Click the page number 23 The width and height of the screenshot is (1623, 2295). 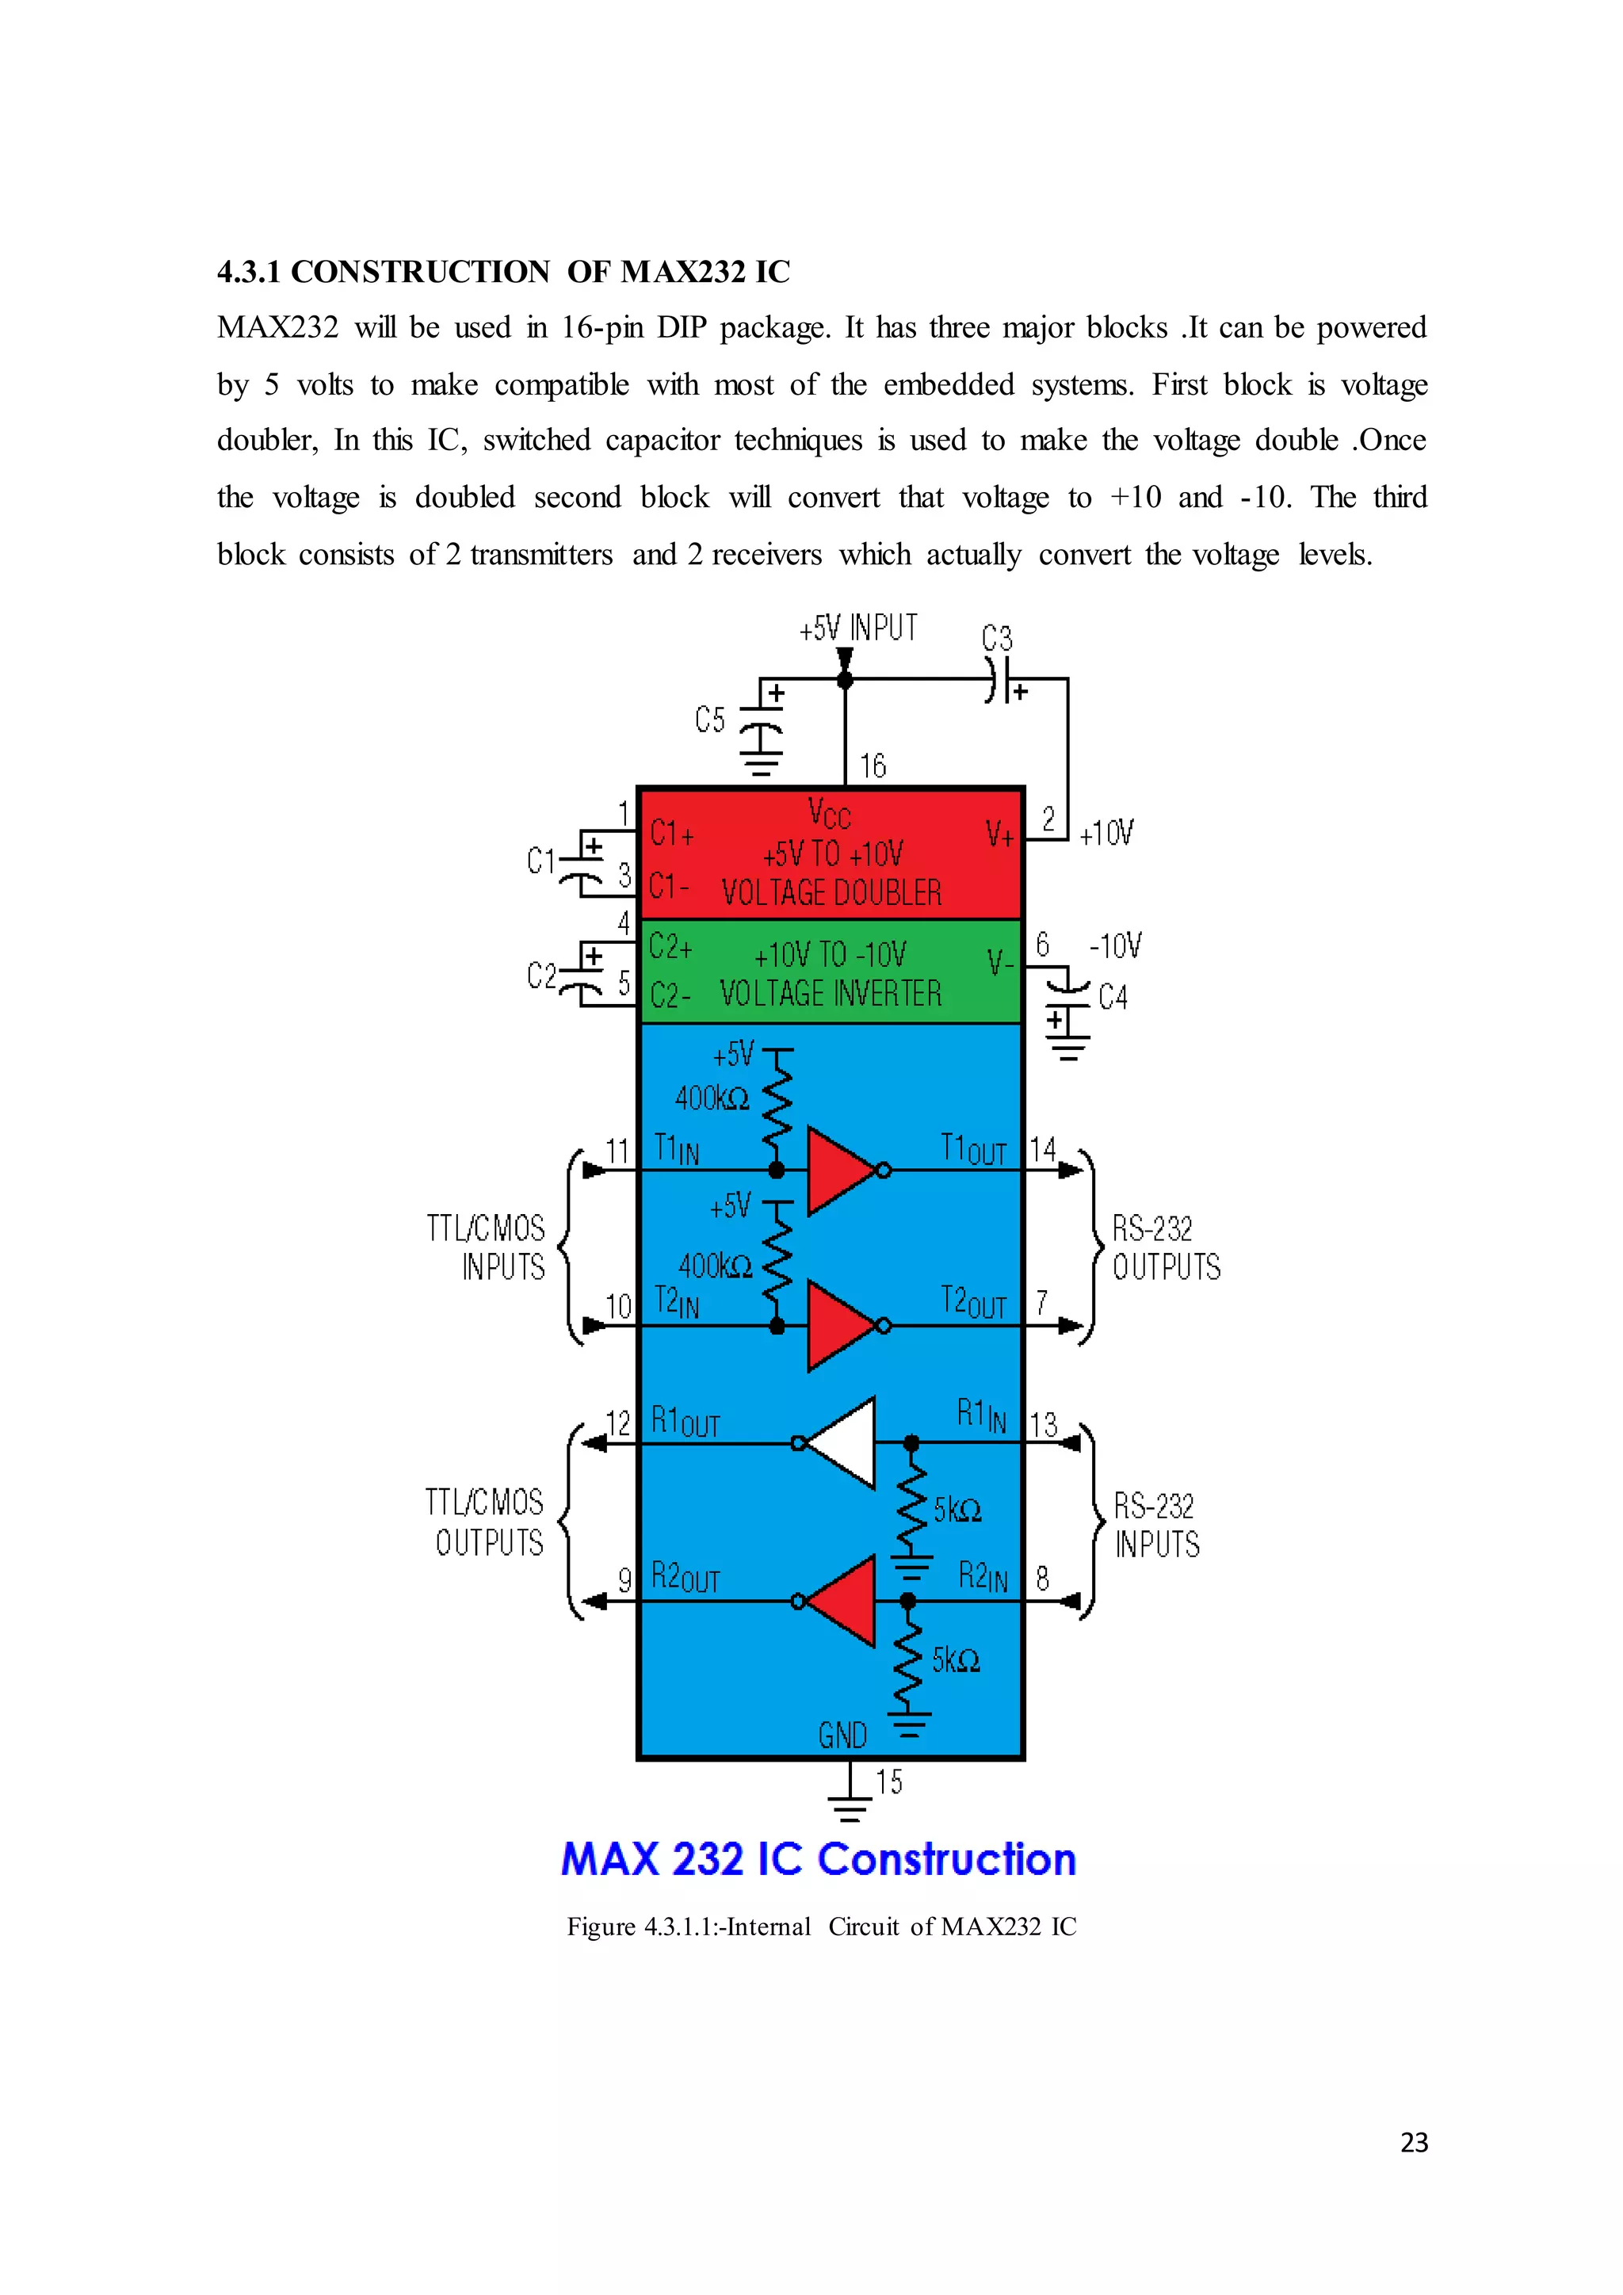click(x=1413, y=2142)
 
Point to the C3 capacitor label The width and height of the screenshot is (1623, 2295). click(x=996, y=638)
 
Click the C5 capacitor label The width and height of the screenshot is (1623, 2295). click(x=709, y=719)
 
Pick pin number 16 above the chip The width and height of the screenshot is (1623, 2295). click(x=873, y=766)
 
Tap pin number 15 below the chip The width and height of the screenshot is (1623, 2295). click(x=888, y=1781)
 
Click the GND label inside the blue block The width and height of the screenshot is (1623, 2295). click(x=842, y=1736)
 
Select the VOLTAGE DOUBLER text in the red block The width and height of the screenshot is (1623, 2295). click(x=831, y=892)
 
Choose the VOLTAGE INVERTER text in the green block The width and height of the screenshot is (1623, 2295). click(x=831, y=994)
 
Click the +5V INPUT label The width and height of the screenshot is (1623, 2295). click(x=857, y=628)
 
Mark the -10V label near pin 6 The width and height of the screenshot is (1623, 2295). click(x=1115, y=945)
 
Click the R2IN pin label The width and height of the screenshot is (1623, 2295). click(x=983, y=1576)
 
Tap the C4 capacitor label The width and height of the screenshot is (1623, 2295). click(x=1113, y=997)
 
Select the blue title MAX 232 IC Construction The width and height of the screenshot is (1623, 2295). click(x=818, y=1859)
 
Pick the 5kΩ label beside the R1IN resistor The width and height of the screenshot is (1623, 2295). click(x=957, y=1510)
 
